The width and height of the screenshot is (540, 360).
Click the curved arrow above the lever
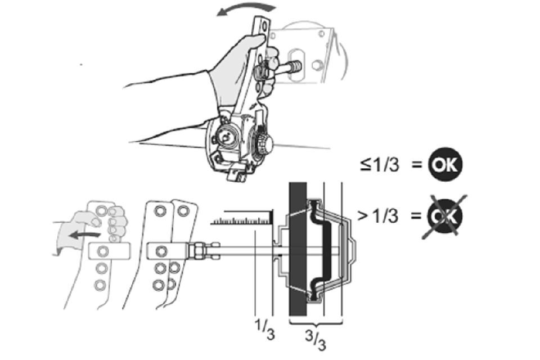(246, 7)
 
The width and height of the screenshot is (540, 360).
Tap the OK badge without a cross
(445, 165)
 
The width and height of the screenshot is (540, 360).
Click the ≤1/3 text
(380, 164)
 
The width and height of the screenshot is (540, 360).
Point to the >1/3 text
(378, 216)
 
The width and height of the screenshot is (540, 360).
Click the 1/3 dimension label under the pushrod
(264, 328)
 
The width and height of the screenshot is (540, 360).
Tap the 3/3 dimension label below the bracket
(315, 339)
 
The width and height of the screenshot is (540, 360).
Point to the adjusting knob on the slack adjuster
(264, 142)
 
